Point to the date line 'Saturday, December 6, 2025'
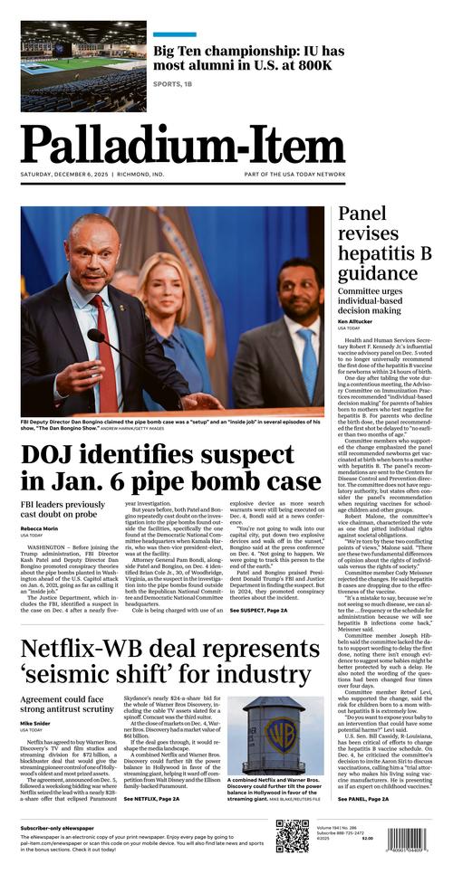(64, 176)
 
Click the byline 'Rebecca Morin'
(41, 528)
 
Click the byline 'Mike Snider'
(37, 724)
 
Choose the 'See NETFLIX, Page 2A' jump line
(151, 799)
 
